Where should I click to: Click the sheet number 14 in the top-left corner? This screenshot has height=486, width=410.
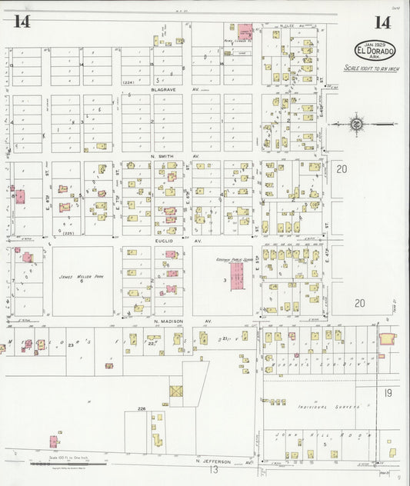click(x=22, y=22)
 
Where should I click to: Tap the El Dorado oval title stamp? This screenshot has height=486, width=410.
click(x=375, y=51)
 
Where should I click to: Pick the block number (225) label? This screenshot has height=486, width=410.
click(x=68, y=233)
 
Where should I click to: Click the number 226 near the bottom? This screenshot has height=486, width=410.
click(x=142, y=409)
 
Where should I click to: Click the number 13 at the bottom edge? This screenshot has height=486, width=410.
click(x=215, y=469)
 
